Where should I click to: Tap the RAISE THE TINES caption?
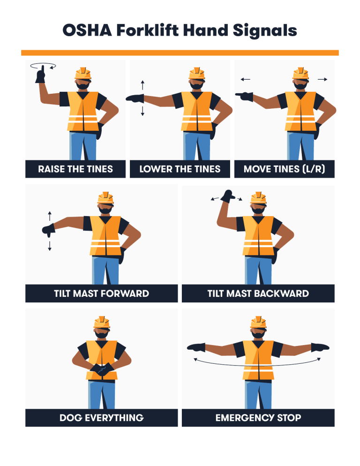(75, 169)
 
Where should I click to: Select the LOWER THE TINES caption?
(180, 169)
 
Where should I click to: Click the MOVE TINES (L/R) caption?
(284, 169)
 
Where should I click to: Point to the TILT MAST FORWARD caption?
(101, 294)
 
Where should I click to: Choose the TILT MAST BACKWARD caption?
(258, 294)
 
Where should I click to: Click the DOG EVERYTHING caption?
(101, 418)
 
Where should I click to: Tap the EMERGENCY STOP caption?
(258, 418)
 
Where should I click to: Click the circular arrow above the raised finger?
(43, 67)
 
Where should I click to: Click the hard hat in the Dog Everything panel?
(102, 323)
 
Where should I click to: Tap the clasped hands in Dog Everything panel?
(102, 369)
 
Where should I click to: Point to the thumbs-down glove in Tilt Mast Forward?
(48, 230)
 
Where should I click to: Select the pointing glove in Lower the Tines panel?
(135, 98)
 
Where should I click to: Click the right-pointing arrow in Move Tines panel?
(322, 80)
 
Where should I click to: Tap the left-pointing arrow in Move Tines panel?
(246, 80)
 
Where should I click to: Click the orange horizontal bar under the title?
(180, 53)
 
